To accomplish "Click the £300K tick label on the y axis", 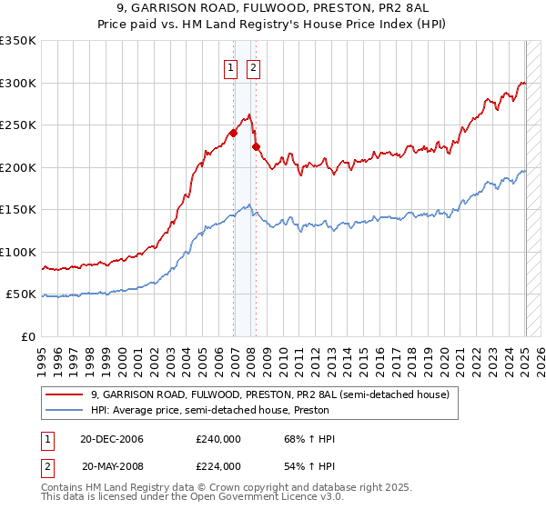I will tap(18, 83).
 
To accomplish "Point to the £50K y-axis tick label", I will tap(21, 294).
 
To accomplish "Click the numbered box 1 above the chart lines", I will tap(230, 66).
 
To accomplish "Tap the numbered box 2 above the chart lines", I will tap(252, 66).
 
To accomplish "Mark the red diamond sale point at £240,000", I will tap(234, 133).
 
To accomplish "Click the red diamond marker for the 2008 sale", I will tap(256, 146).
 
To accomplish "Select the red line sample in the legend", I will tap(65, 395).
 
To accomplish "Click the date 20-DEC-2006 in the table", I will tap(113, 439).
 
